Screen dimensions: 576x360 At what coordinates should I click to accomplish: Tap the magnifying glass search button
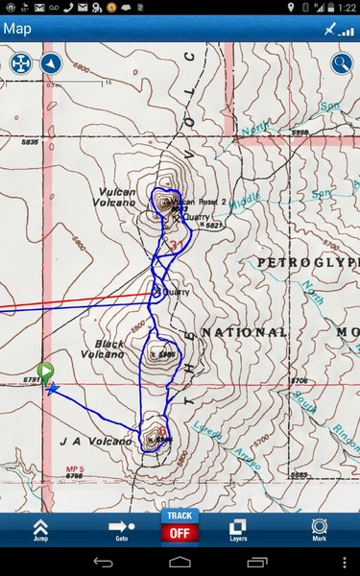pos(342,64)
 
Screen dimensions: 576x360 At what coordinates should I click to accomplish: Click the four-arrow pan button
pos(20,64)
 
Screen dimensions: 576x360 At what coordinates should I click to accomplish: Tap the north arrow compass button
pos(50,64)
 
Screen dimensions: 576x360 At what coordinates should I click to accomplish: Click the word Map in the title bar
pos(17,28)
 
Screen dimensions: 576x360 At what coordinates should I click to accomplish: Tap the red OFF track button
pos(180,532)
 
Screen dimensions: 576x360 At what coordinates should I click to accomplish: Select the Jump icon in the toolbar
pos(40,530)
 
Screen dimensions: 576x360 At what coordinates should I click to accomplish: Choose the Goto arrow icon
pos(121,530)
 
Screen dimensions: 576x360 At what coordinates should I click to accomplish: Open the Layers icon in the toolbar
pos(237,530)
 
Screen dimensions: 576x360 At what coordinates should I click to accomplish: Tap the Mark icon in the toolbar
pos(319,530)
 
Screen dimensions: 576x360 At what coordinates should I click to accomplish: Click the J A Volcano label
pos(95,442)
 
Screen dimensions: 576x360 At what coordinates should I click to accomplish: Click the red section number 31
pos(176,246)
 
